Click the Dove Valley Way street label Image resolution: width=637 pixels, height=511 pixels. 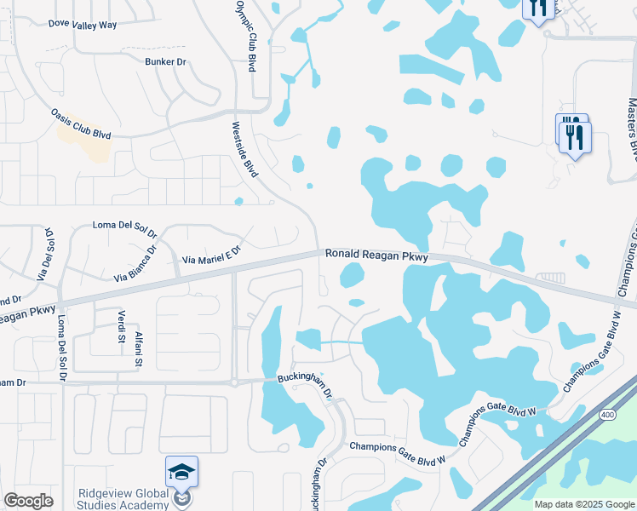[83, 25]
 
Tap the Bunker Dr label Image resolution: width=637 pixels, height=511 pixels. [165, 62]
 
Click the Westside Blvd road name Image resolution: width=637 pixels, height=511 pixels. [244, 150]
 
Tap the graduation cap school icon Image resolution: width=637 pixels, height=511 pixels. [181, 472]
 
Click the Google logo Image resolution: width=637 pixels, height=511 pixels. [28, 501]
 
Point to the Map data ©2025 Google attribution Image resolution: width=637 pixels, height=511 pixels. [583, 504]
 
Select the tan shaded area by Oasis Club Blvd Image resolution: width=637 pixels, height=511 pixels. [84, 139]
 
